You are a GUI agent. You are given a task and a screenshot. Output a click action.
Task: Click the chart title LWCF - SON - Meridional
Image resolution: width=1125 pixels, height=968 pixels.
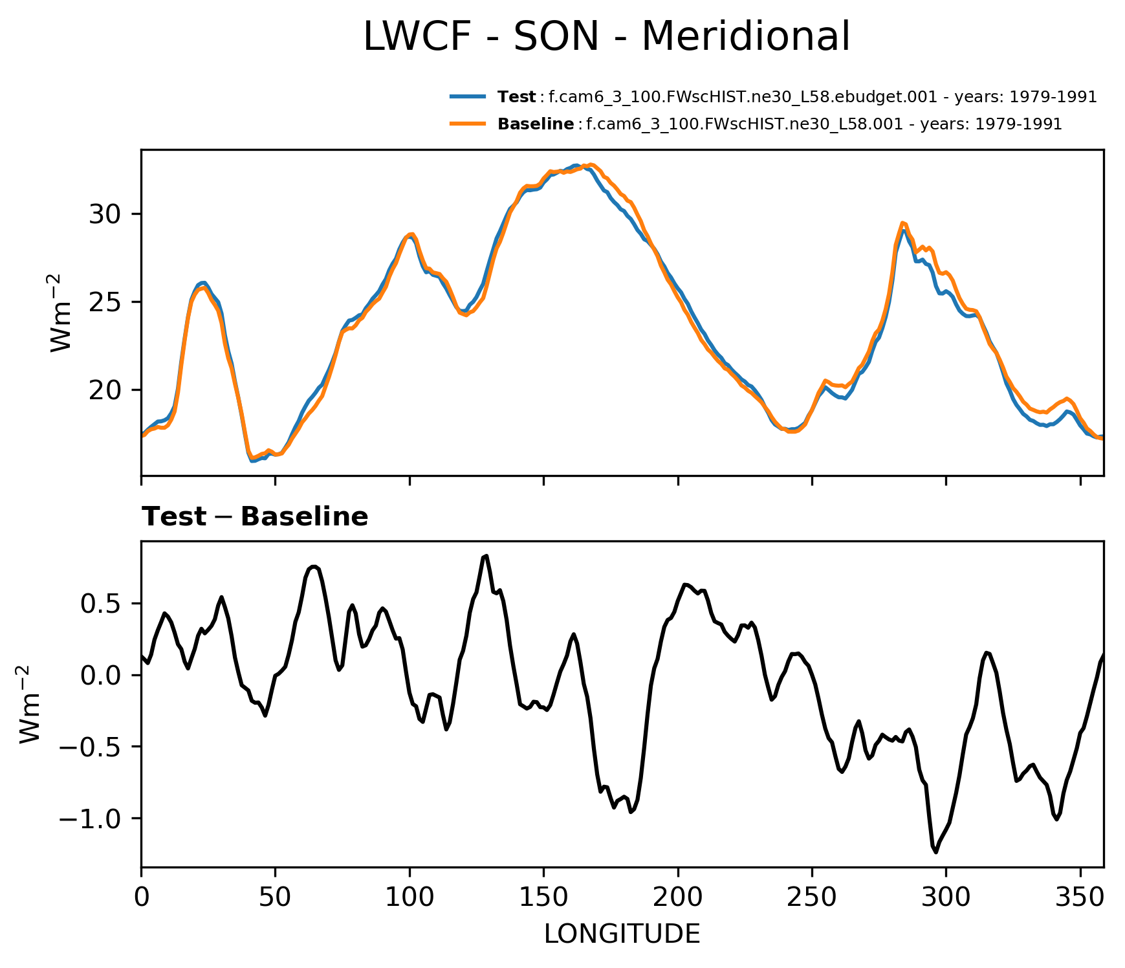tap(606, 37)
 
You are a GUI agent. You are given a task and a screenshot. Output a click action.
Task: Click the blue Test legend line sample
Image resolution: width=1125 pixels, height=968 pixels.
tap(468, 97)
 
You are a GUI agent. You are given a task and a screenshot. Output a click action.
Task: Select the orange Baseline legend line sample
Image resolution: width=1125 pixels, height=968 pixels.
tap(468, 124)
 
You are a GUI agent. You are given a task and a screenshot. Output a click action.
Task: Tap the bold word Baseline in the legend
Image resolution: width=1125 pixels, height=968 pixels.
tap(536, 124)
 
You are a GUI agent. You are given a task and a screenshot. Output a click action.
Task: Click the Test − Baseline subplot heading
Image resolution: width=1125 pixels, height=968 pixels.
tap(255, 517)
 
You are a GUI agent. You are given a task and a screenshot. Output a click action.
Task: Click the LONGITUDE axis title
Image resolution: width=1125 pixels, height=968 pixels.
tap(622, 934)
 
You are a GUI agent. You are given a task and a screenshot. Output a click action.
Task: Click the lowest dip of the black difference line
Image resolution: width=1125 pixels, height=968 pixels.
tap(935, 852)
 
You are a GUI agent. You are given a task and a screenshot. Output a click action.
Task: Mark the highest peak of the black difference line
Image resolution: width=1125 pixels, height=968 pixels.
tap(486, 556)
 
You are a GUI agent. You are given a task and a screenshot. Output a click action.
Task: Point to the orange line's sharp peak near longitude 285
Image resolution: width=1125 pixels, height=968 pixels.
tap(902, 223)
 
